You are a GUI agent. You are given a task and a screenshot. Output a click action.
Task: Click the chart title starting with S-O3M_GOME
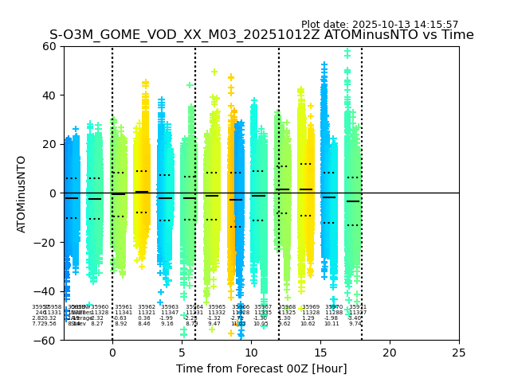point(261,35)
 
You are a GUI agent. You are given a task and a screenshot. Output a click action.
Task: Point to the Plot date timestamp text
point(379,25)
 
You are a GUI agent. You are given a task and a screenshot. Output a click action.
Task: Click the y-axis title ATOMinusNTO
point(22,193)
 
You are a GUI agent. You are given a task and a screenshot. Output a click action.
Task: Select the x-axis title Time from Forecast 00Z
point(261,368)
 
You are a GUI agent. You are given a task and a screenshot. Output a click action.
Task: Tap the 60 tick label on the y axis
point(49,46)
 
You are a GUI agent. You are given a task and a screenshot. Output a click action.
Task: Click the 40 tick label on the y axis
point(49,95)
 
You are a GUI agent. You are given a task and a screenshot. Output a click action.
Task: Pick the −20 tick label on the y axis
point(46,243)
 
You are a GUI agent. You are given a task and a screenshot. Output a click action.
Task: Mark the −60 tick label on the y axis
point(46,341)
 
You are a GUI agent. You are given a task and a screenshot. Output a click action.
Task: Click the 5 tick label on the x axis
point(182,353)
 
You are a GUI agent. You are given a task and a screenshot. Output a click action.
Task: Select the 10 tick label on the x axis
point(251,353)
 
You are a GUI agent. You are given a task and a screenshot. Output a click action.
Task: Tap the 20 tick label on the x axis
point(390,353)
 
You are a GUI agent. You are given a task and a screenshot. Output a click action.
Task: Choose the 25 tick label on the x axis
point(459,353)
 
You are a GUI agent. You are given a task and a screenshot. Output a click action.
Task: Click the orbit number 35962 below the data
point(147,307)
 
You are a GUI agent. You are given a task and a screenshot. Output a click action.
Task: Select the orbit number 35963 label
point(170,307)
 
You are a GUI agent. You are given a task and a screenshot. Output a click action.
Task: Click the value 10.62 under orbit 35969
point(308,324)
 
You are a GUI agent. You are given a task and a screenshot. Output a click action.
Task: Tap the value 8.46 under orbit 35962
point(144,324)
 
